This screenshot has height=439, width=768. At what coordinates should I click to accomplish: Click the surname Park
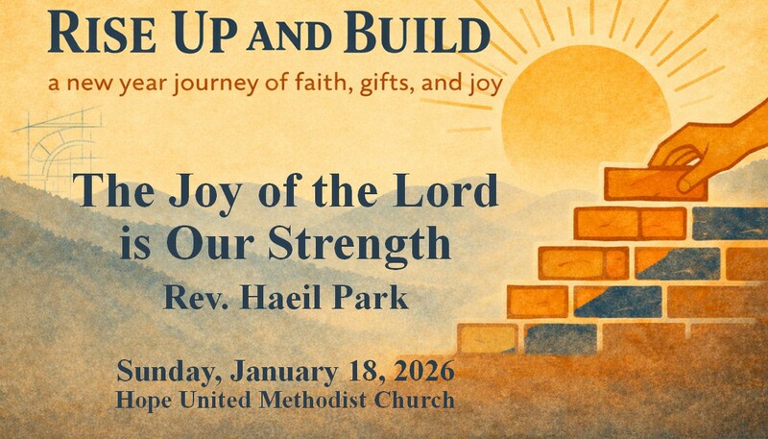pyautogui.click(x=380, y=299)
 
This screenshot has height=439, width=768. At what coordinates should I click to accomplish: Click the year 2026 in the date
pyautogui.click(x=413, y=370)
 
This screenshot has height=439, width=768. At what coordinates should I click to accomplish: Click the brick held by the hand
pyautogui.click(x=653, y=183)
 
